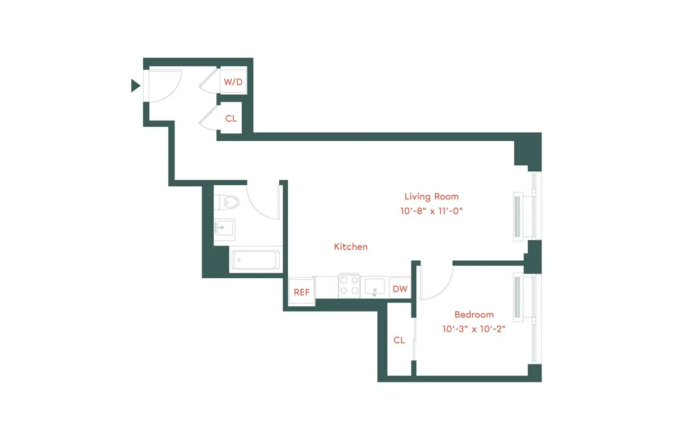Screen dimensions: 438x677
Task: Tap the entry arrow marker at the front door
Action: (135, 85)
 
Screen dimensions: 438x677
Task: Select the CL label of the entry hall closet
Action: (231, 118)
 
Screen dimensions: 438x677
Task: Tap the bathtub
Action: (256, 260)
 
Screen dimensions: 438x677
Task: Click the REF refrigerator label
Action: (301, 292)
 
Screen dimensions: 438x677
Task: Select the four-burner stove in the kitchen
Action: (350, 286)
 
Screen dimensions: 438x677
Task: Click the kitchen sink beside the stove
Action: (377, 286)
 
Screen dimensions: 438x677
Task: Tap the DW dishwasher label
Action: (400, 289)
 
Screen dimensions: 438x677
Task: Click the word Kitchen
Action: (351, 247)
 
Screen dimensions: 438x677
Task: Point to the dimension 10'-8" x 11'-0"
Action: (435, 211)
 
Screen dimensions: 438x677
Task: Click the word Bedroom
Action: (474, 315)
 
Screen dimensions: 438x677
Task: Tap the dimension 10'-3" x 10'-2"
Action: (474, 328)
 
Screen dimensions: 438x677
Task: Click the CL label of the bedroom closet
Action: (399, 340)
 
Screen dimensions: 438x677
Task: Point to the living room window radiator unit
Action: (518, 216)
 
